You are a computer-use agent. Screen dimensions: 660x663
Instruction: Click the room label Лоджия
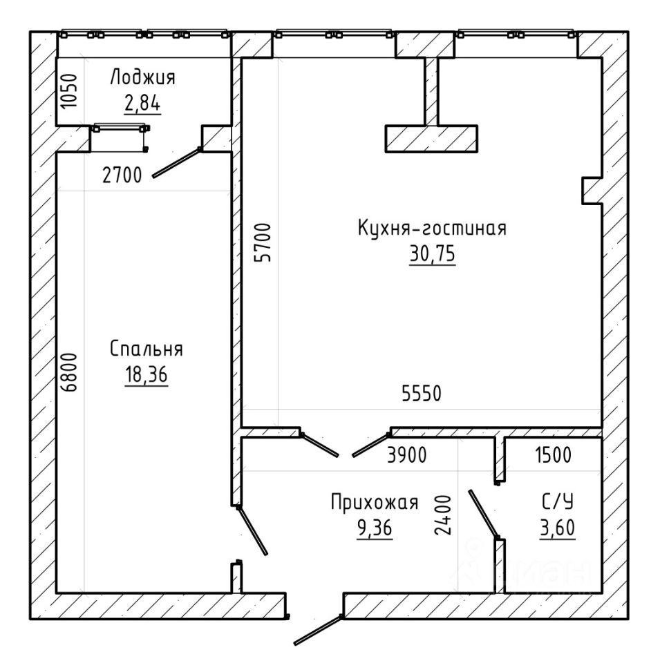142,78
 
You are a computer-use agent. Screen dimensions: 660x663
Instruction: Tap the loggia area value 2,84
142,102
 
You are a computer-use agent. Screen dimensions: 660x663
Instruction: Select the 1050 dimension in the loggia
69,91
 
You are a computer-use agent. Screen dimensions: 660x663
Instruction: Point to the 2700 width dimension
122,175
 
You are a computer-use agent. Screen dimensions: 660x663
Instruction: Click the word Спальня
147,349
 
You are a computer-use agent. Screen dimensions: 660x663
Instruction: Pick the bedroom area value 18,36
147,374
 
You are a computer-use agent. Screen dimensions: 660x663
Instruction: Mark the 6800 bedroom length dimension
69,372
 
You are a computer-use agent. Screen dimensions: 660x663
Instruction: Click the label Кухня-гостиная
432,229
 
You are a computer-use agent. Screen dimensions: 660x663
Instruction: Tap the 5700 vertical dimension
263,242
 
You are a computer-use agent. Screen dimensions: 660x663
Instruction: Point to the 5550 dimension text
422,394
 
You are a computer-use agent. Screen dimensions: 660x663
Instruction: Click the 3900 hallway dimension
407,455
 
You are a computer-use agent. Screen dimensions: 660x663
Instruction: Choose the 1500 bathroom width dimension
554,455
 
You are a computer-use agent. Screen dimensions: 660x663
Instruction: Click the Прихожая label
375,503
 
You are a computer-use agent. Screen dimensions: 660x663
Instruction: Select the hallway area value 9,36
375,528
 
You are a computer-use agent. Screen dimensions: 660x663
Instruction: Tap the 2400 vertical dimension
444,515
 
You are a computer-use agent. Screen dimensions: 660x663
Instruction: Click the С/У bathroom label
558,502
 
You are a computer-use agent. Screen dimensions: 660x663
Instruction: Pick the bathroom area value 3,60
558,528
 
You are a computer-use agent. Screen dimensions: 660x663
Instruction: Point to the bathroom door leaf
483,514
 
